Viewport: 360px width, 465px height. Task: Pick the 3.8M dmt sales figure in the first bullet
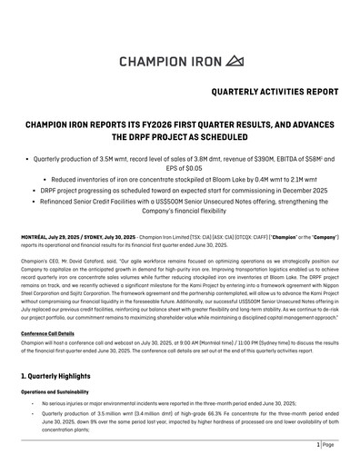click(170, 155)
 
